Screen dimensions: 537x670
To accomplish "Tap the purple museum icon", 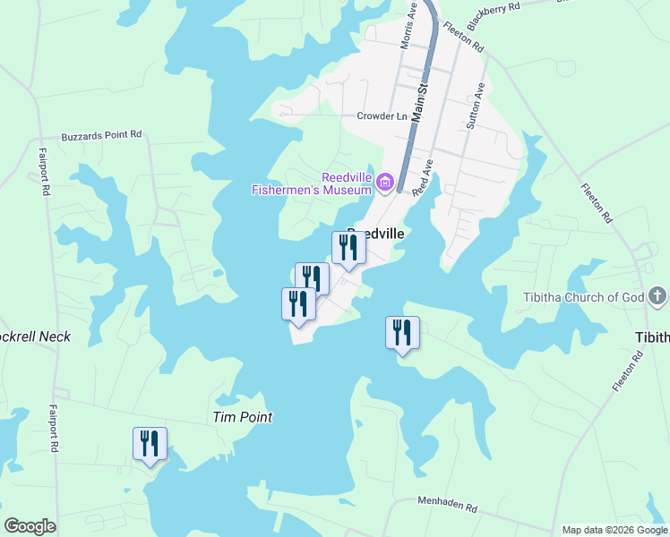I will [x=386, y=183].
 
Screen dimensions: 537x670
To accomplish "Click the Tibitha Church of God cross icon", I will [x=657, y=296].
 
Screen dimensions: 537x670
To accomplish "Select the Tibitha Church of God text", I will [x=583, y=297].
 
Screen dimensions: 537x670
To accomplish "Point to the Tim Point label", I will [x=242, y=417].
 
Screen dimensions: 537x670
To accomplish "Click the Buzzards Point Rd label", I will [x=101, y=136].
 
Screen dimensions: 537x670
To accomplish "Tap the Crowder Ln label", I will [x=382, y=116].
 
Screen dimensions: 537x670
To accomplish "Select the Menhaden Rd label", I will [x=447, y=505].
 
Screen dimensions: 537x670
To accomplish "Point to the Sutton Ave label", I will [x=476, y=108].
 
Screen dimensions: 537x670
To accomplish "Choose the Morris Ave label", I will [x=408, y=26].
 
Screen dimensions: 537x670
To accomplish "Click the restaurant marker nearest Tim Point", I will [x=150, y=444].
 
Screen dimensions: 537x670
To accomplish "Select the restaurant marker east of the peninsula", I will [x=402, y=333].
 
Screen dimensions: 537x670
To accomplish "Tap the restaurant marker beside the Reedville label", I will [x=348, y=248].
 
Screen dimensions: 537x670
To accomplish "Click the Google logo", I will [x=30, y=526].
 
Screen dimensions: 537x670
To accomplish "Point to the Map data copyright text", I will [x=614, y=530].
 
